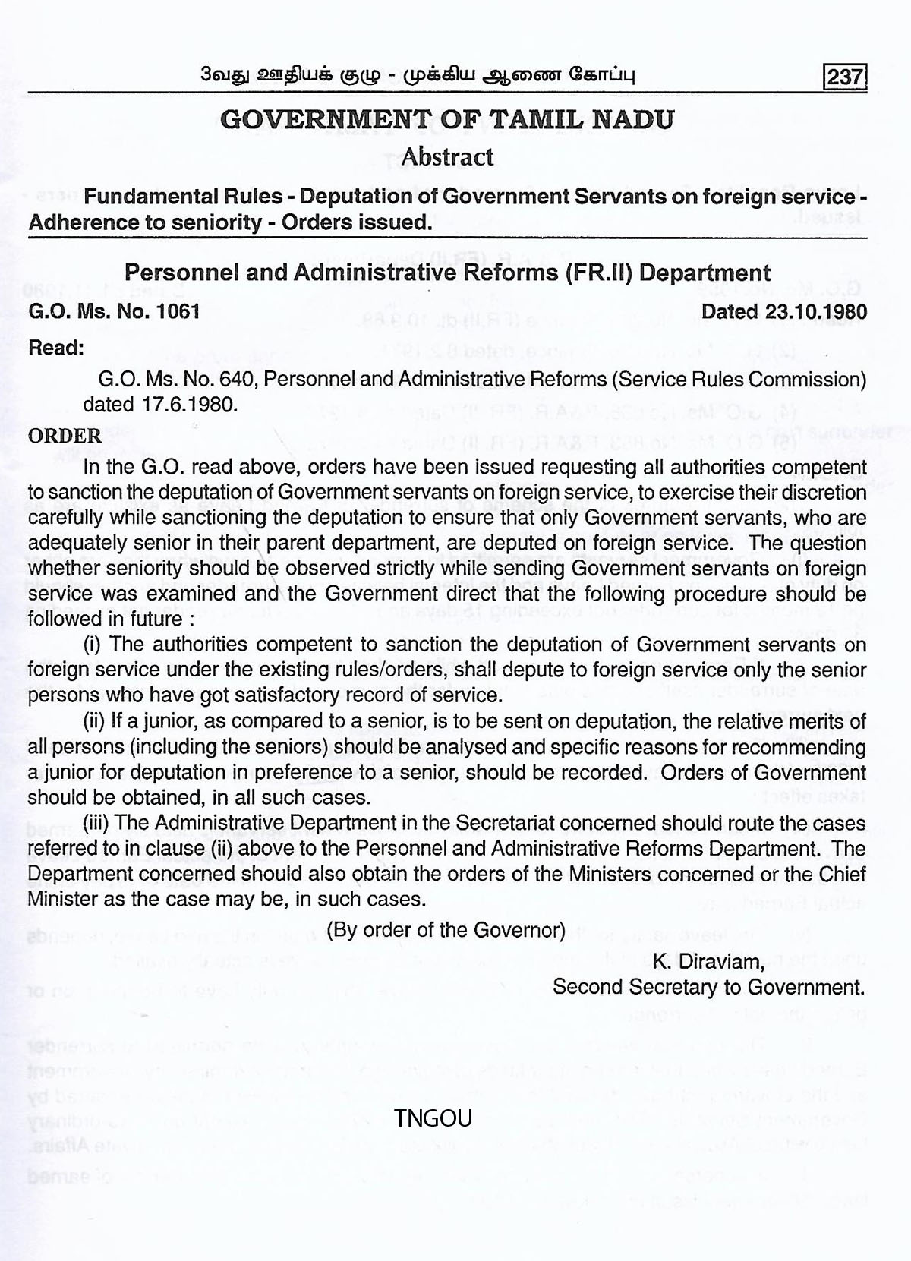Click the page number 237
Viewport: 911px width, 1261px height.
tap(845, 77)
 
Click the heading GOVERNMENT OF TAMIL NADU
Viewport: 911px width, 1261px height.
tap(446, 121)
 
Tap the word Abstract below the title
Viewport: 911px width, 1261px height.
tap(447, 157)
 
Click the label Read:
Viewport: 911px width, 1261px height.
tap(55, 348)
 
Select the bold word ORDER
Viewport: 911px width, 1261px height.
tap(65, 436)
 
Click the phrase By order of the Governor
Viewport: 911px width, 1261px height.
tap(446, 930)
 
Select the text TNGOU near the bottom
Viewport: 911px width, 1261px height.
tap(433, 1118)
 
